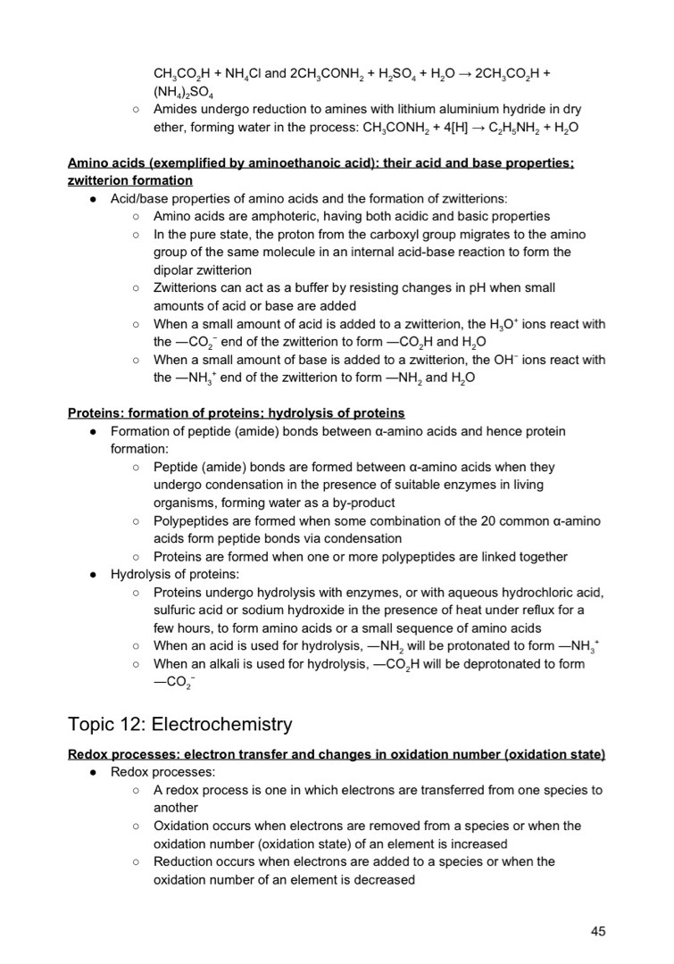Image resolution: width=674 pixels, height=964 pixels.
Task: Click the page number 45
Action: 598,931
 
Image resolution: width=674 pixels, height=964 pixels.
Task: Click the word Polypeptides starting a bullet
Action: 190,520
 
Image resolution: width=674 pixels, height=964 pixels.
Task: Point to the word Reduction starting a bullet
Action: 184,861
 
